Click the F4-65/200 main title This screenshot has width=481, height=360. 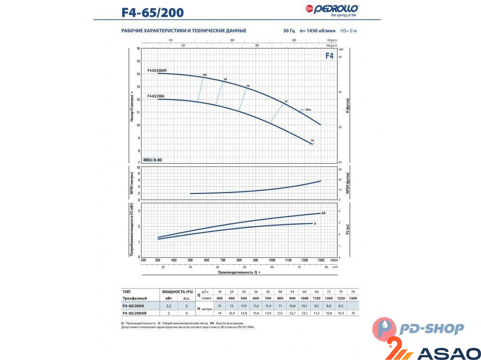[152, 12]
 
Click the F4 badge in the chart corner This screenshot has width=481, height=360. [329, 55]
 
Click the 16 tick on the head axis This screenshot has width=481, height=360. [138, 49]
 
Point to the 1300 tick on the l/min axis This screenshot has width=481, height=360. [321, 260]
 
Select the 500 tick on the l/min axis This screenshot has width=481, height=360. [190, 260]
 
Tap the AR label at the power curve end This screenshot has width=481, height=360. [324, 212]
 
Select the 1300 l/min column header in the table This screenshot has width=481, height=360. [352, 298]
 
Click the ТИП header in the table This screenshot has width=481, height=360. [127, 292]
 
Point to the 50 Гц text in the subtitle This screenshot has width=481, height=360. [289, 31]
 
